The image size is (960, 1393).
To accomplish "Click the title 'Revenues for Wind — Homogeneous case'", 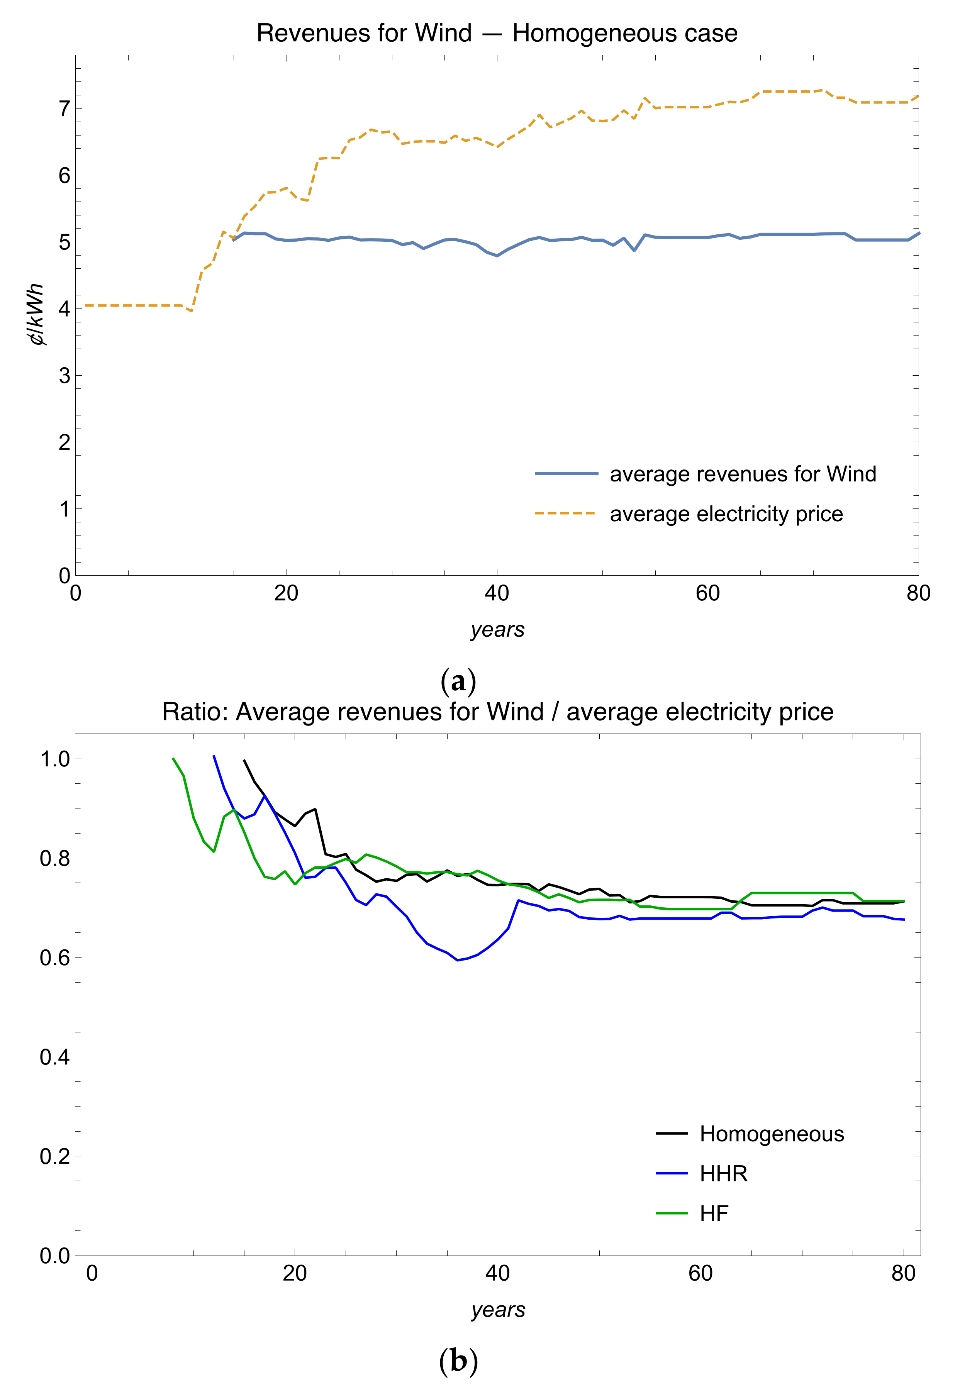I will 497,33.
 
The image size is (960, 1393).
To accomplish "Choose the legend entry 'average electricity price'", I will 726,514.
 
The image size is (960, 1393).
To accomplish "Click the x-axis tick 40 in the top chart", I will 497,593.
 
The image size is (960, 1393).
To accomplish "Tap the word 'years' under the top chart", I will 497,629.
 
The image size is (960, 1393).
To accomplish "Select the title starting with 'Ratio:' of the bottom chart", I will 497,712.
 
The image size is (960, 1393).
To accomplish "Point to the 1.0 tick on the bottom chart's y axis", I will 55,759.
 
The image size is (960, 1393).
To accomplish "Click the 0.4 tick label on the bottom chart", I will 55,1057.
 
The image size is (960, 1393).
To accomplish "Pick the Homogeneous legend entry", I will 772,1134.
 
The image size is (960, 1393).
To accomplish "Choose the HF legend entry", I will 714,1213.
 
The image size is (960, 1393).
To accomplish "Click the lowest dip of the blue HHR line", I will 458,960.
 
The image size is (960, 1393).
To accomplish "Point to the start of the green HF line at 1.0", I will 173,759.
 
